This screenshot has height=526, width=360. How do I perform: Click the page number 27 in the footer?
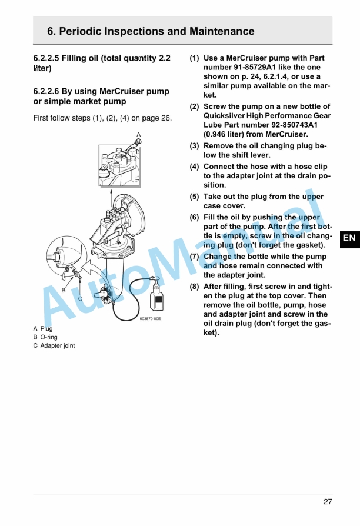click(x=328, y=502)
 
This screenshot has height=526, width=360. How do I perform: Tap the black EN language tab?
click(x=349, y=238)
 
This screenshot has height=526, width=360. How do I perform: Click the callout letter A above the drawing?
click(x=139, y=135)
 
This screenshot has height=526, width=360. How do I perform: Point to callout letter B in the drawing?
click(x=64, y=290)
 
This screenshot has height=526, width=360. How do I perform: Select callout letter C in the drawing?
click(x=80, y=299)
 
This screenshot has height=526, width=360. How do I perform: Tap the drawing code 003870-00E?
click(x=150, y=319)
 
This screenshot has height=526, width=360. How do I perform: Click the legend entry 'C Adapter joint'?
click(x=54, y=345)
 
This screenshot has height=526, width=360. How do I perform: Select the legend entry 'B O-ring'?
click(x=45, y=337)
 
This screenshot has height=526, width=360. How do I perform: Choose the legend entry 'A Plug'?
click(x=43, y=328)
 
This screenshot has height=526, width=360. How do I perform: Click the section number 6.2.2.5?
click(x=52, y=59)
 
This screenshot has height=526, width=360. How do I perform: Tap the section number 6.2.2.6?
click(x=52, y=92)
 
